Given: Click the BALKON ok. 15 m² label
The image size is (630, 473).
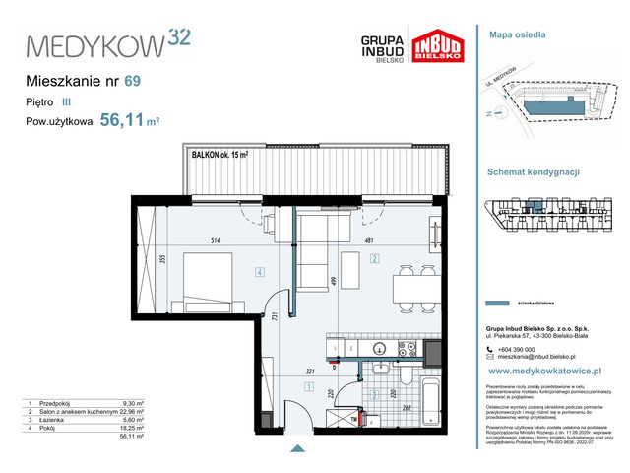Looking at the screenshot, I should pyautogui.click(x=219, y=153).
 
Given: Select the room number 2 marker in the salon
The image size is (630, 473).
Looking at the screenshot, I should pyautogui.click(x=375, y=260).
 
